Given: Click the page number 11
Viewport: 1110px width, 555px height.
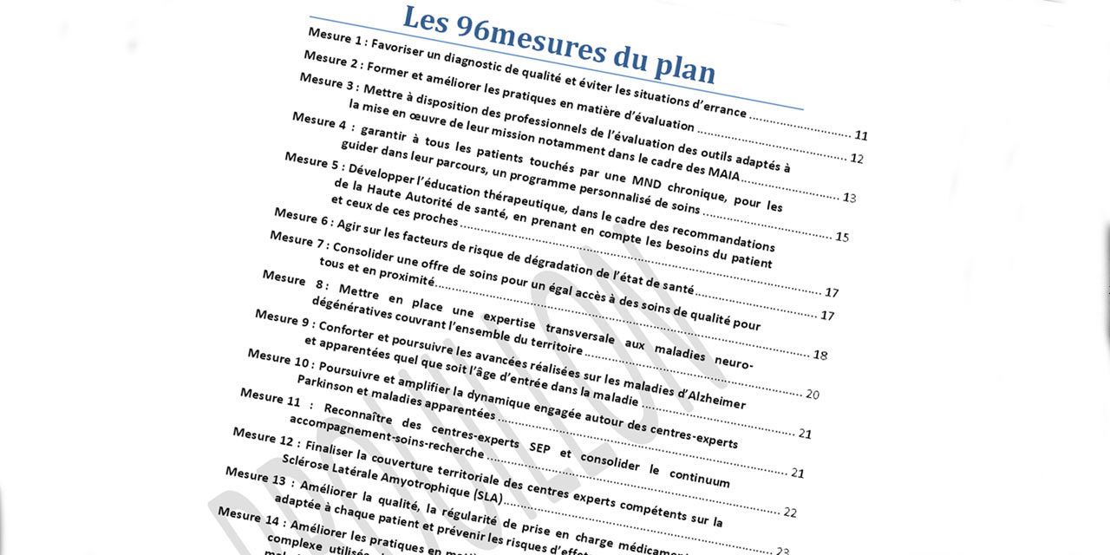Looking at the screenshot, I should click(x=860, y=135).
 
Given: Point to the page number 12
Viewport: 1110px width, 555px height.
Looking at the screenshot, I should click(x=856, y=159).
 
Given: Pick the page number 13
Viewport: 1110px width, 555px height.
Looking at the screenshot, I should click(x=849, y=198).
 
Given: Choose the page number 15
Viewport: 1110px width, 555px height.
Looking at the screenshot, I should click(x=841, y=237).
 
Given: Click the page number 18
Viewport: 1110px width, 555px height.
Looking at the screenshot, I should click(x=819, y=355).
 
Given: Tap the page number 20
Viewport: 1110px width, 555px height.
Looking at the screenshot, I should click(x=812, y=395).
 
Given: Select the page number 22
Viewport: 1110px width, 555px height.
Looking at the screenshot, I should click(x=789, y=513).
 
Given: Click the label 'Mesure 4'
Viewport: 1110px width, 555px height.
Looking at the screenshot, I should click(x=313, y=118).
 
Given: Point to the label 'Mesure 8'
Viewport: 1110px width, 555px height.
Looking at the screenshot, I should click(x=284, y=277).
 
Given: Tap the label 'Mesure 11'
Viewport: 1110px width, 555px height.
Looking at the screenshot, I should click(x=262, y=395).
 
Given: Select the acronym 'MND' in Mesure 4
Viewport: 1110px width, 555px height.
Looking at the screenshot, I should click(x=647, y=181).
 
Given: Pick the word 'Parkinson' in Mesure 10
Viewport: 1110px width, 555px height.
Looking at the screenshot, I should click(x=325, y=383).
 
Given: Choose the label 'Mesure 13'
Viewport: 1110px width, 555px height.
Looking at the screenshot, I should click(x=254, y=475).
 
